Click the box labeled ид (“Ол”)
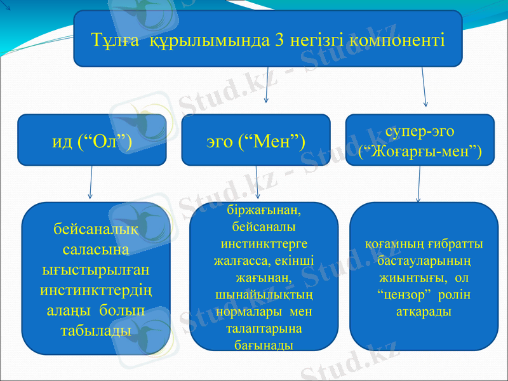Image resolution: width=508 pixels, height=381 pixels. [x=92, y=140]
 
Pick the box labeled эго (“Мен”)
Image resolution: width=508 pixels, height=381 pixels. [x=256, y=140]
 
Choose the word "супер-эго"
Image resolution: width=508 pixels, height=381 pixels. [x=420, y=131]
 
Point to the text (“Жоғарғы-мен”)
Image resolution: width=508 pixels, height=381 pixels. [x=420, y=151]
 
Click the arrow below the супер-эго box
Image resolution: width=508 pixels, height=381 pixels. [x=418, y=184]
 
